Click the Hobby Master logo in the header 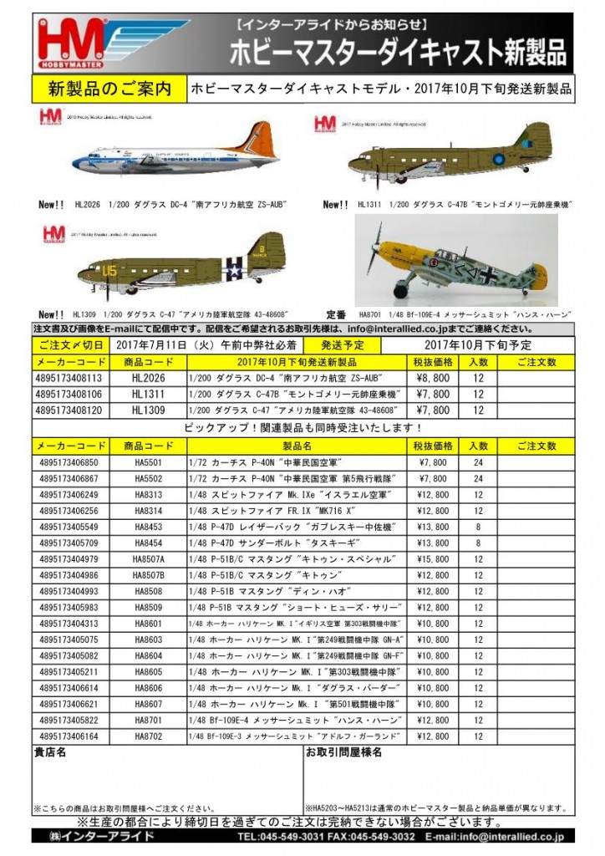[80, 43]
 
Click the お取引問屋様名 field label [343, 752]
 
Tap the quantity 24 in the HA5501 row [478, 462]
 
